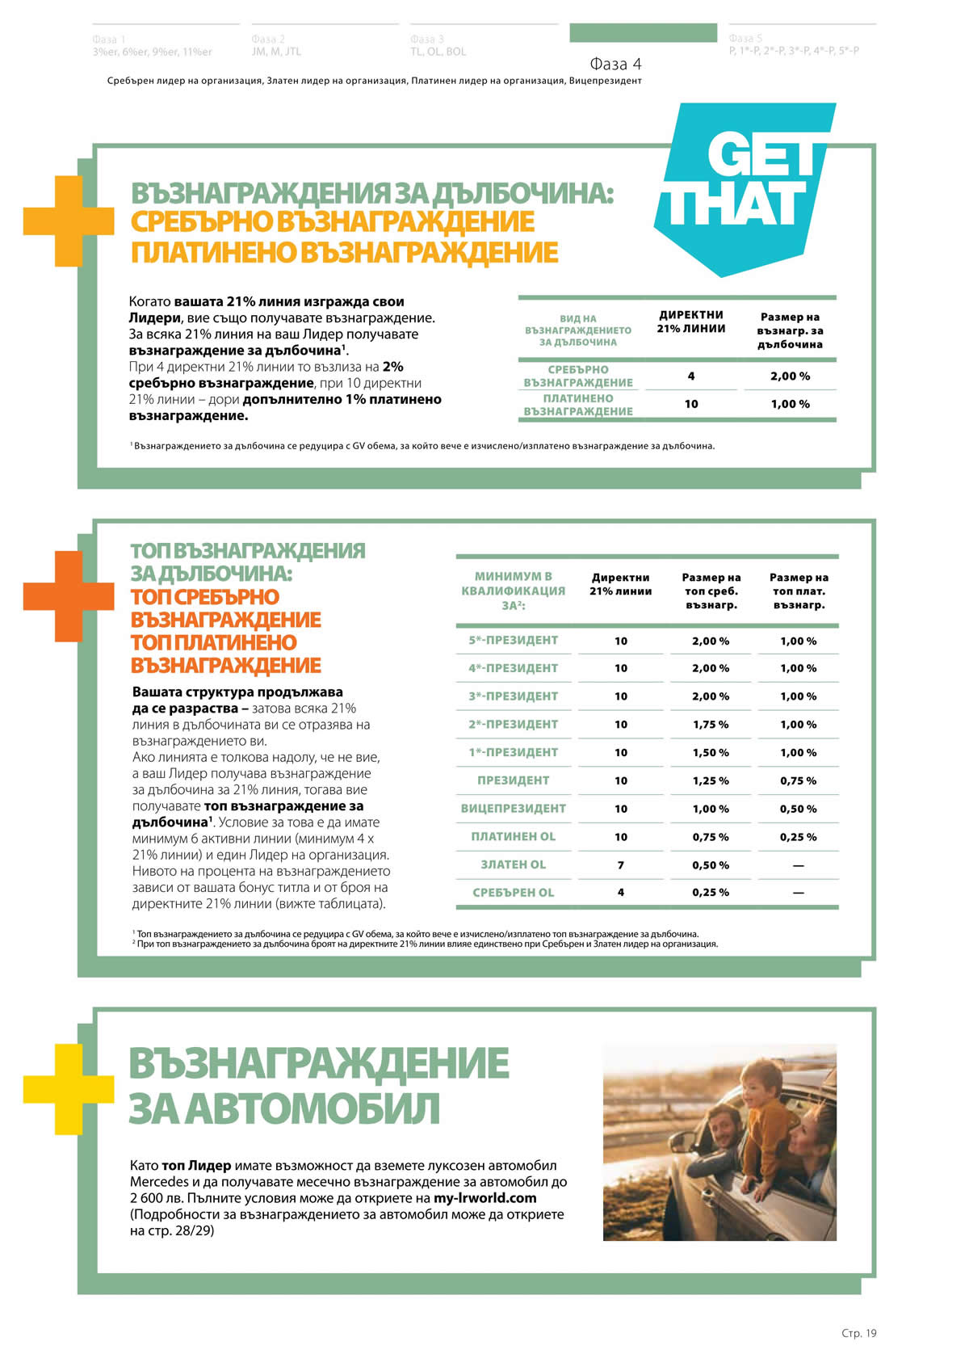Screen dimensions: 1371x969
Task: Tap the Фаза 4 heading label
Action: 615,64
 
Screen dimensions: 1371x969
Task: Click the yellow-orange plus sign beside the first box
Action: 68,221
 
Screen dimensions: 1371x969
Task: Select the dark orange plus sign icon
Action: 68,596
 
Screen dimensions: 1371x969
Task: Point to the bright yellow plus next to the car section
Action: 68,1088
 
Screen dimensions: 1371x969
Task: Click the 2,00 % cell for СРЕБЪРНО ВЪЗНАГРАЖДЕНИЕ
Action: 790,376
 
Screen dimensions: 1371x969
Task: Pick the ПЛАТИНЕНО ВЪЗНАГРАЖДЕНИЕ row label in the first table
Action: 578,405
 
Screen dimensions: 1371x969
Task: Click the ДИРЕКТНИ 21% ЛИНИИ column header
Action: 691,322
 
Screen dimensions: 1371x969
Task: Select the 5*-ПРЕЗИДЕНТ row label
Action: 514,641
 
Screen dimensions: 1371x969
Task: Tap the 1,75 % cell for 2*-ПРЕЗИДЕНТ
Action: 711,725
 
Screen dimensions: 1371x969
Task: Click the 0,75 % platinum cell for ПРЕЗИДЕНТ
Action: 798,780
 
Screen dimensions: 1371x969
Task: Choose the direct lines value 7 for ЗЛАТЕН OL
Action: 620,864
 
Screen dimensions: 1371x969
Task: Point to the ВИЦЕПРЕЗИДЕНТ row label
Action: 514,809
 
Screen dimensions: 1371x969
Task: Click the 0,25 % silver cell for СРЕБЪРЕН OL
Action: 711,893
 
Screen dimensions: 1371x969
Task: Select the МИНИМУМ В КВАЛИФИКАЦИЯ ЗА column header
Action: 514,591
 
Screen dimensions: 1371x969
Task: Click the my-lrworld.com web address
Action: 484,1197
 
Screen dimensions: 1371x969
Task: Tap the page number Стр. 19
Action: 858,1333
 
